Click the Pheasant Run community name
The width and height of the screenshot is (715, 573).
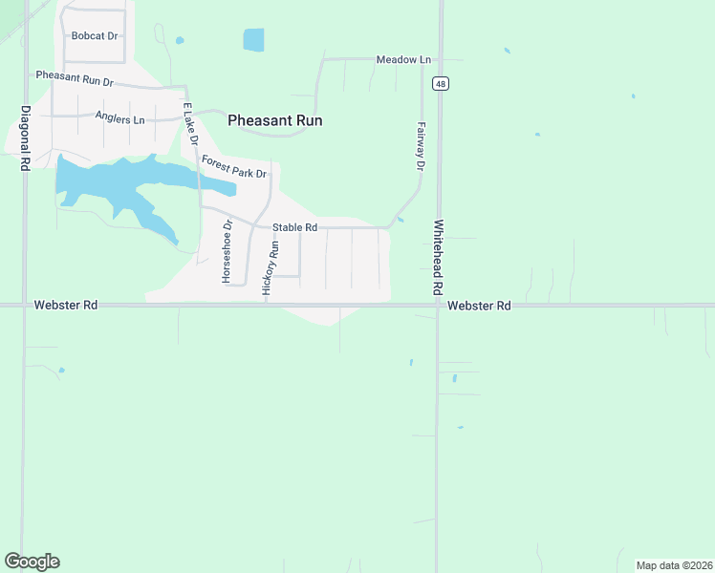[274, 121]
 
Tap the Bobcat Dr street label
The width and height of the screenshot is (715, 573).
[95, 36]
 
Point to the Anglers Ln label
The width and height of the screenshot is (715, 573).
[119, 118]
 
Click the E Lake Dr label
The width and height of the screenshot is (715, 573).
[189, 123]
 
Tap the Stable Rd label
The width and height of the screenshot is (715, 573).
[294, 228]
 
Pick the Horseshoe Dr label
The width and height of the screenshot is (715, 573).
[227, 252]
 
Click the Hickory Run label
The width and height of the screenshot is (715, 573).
[273, 271]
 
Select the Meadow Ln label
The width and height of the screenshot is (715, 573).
[398, 60]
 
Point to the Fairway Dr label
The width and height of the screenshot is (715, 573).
[420, 146]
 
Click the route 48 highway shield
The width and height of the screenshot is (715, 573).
[440, 84]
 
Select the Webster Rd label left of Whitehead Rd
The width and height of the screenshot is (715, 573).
[66, 306]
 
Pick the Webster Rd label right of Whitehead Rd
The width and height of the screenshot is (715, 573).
[479, 306]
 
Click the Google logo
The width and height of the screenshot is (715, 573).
[32, 562]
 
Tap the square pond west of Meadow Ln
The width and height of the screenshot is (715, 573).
[253, 39]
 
